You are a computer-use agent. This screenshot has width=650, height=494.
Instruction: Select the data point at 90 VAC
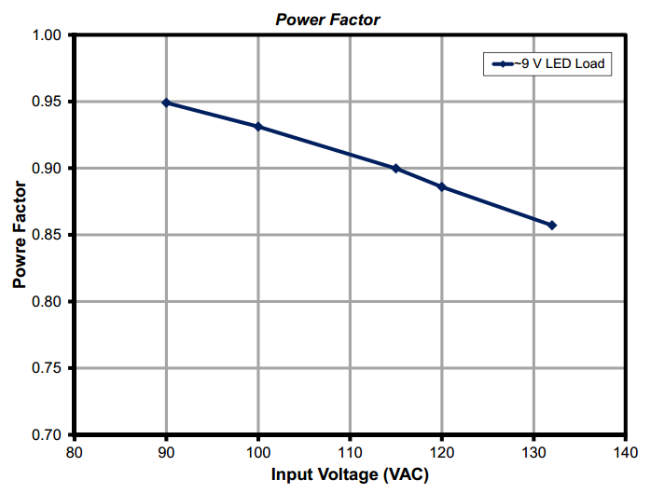coord(166,103)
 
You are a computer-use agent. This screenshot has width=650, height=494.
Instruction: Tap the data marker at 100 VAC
coord(258,127)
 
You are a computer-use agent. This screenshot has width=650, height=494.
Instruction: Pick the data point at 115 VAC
coord(395,169)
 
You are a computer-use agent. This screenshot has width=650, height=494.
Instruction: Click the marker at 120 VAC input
coord(442,187)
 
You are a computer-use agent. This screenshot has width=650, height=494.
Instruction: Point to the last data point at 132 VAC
coord(552,225)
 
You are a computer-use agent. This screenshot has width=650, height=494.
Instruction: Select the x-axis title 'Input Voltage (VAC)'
coord(350,474)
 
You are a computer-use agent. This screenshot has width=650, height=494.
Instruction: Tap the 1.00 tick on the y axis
coord(47,35)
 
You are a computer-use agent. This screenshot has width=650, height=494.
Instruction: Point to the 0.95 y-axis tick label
coord(47,102)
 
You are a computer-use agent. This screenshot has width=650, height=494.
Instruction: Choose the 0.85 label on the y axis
coord(47,235)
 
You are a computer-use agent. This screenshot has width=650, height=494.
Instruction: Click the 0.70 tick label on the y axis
coord(47,435)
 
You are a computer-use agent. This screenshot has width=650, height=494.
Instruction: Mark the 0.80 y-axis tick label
coord(47,302)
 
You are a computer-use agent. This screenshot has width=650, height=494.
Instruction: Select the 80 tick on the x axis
coord(75,451)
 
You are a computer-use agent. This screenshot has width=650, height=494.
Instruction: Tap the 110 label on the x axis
coord(350,451)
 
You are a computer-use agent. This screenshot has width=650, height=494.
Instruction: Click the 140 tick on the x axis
coord(625,451)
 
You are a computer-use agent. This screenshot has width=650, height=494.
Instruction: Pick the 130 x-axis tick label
coord(533,451)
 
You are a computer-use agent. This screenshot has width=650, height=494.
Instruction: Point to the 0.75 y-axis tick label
coord(47,368)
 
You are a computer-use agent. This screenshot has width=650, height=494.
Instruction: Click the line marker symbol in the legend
coord(500,64)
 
